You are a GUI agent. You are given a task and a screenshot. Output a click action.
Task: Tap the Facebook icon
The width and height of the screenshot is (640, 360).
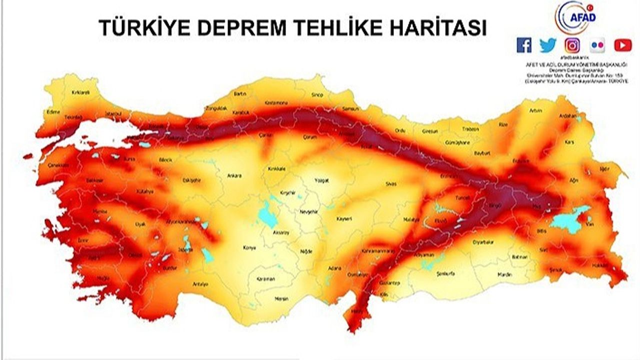[524, 45]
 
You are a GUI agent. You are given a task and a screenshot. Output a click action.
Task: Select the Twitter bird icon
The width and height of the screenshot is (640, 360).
[548, 45]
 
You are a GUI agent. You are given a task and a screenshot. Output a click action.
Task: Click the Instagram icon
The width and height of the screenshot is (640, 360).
[572, 45]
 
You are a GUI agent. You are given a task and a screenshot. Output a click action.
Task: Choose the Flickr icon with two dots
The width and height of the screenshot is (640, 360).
[597, 45]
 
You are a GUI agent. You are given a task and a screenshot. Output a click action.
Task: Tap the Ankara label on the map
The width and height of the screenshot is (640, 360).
[234, 175]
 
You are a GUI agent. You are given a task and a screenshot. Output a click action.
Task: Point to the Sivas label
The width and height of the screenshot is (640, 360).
[391, 183]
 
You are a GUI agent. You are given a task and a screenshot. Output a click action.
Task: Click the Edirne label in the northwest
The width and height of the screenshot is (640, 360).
[53, 112]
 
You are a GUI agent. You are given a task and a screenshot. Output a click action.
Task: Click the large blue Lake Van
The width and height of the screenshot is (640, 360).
[569, 220]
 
